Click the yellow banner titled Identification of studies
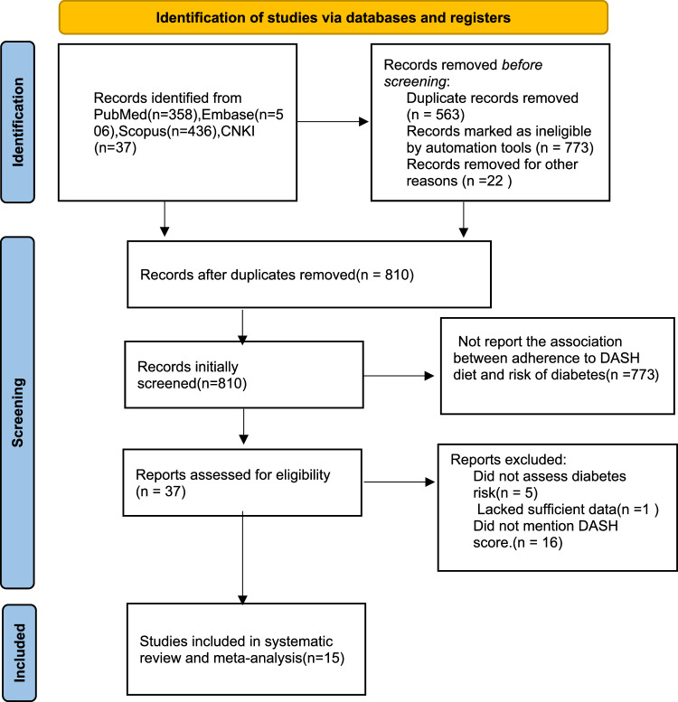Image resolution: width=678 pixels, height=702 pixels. pyautogui.click(x=334, y=17)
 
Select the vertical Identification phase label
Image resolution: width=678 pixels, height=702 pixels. pyautogui.click(x=18, y=122)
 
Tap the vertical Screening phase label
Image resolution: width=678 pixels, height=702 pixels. pyautogui.click(x=18, y=412)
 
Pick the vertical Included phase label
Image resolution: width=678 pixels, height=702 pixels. pyautogui.click(x=19, y=652)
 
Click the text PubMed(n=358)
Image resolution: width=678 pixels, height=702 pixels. pyautogui.click(x=146, y=115)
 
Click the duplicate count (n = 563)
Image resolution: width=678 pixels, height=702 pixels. pyautogui.click(x=436, y=115)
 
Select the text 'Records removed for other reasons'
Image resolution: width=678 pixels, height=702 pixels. pyautogui.click(x=492, y=173)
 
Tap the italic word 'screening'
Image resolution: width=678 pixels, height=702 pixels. pyautogui.click(x=415, y=81)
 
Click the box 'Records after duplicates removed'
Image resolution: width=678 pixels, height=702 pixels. pyautogui.click(x=309, y=275)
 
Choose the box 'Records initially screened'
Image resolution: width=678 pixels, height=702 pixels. pyautogui.click(x=243, y=375)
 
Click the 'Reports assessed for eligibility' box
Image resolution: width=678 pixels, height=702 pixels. pyautogui.click(x=242, y=482)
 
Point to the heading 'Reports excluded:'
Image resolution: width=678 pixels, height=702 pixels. pyautogui.click(x=508, y=459)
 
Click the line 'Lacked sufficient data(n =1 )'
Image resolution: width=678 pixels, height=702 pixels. pyautogui.click(x=568, y=509)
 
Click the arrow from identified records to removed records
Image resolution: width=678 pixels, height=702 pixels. pyautogui.click(x=333, y=121)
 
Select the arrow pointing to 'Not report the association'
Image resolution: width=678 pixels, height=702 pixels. pyautogui.click(x=399, y=376)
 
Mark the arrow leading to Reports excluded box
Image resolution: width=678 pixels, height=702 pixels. pyautogui.click(x=399, y=482)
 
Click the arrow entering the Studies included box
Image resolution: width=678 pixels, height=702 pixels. pyautogui.click(x=242, y=557)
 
